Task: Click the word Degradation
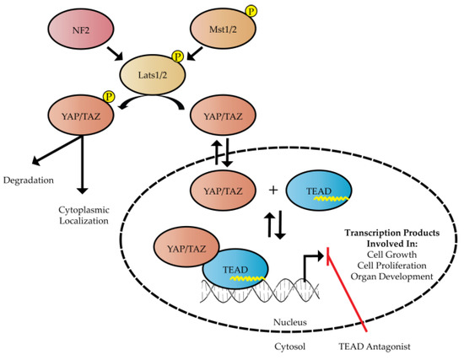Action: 26,180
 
